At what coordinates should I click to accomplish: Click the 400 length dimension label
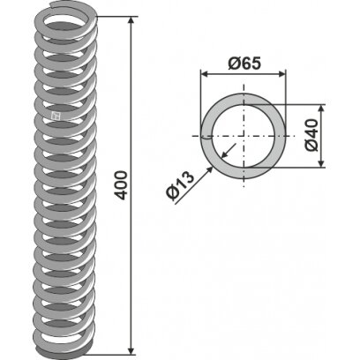pyautogui.click(x=122, y=185)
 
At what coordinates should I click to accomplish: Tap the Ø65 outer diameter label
pyautogui.click(x=244, y=64)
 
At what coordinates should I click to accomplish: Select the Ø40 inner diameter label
pyautogui.click(x=311, y=135)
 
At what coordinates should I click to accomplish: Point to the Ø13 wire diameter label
pyautogui.click(x=180, y=186)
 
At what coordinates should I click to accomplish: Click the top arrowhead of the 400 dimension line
pyautogui.click(x=131, y=20)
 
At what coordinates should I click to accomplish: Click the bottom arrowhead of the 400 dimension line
pyautogui.click(x=131, y=351)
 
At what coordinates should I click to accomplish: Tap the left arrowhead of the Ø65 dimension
pyautogui.click(x=204, y=74)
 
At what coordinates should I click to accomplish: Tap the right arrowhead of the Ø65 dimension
pyautogui.click(x=281, y=74)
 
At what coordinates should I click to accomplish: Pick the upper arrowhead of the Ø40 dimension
pyautogui.click(x=321, y=108)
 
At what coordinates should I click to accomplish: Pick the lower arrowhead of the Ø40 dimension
pyautogui.click(x=321, y=163)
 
